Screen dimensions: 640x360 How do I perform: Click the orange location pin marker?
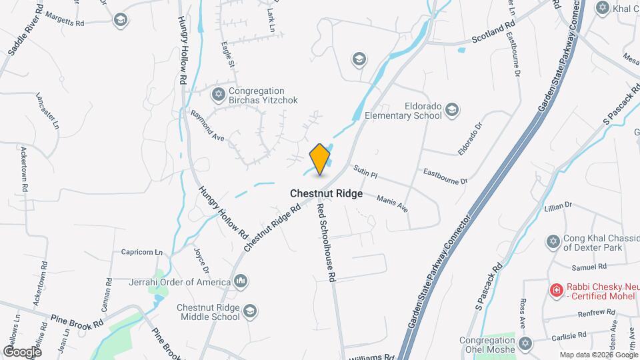point(320,159)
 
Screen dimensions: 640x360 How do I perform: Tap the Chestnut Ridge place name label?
point(326,193)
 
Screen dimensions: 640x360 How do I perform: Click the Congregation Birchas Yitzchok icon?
point(218,95)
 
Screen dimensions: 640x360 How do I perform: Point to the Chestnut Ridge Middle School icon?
point(249,311)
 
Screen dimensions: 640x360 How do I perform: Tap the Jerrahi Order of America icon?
point(241,282)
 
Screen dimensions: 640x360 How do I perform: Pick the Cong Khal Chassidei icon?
point(552,241)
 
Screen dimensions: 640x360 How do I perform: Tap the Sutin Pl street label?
point(365,172)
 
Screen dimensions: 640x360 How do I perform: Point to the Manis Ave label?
point(392,203)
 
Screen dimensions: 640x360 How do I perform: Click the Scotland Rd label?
point(493,31)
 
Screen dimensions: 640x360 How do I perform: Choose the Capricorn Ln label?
point(142,253)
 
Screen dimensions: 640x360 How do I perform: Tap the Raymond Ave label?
point(207,125)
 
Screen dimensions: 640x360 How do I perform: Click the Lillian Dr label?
point(559,206)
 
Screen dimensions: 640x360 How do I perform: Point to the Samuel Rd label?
point(587,267)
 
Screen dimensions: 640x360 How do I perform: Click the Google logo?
point(22,351)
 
